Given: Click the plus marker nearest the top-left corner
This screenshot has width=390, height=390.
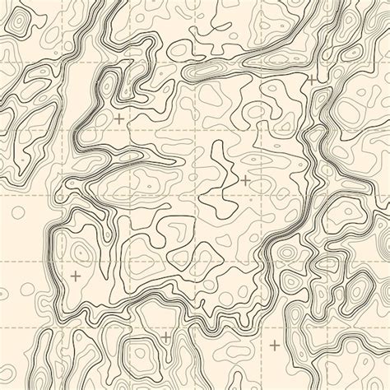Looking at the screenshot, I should tap(119, 119).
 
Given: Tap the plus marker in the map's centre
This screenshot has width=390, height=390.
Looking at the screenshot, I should tap(245, 179).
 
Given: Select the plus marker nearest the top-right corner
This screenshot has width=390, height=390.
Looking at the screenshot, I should tap(311, 80).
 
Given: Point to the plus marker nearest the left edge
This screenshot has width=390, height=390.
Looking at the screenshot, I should tap(76, 276).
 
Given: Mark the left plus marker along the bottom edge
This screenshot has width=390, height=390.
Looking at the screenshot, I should tap(165, 337).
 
